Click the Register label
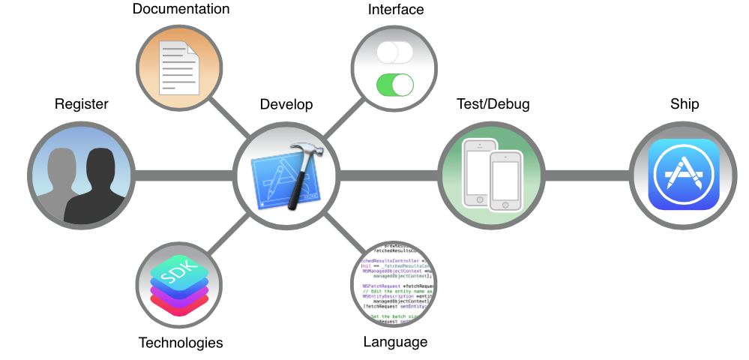[x=81, y=104]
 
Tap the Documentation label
[x=181, y=10]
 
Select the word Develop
[x=286, y=104]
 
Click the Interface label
[x=395, y=10]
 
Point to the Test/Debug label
[x=493, y=104]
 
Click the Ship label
[x=685, y=104]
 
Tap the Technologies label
[x=181, y=343]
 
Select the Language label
[x=395, y=343]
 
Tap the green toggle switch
[x=395, y=85]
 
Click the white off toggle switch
[x=395, y=52]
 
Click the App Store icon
[x=684, y=175]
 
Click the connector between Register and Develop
[x=184, y=175]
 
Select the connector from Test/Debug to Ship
[x=587, y=175]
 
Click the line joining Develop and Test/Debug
[x=388, y=175]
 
